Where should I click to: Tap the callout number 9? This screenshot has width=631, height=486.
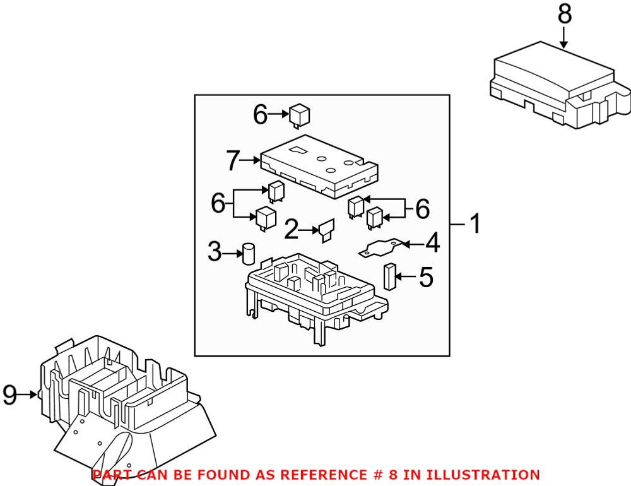click(9, 395)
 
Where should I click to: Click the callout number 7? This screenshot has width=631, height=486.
click(234, 161)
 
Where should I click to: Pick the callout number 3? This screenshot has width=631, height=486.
click(215, 254)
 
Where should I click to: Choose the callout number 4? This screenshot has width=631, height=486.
click(432, 243)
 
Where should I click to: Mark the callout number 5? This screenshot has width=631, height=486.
click(427, 277)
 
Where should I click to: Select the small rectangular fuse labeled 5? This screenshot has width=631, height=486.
click(389, 276)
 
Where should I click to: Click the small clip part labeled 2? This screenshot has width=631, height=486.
click(327, 230)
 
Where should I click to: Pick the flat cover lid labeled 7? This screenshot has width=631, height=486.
click(319, 165)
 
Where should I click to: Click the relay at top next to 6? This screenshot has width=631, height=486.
click(299, 115)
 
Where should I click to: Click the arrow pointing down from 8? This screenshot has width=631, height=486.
click(563, 39)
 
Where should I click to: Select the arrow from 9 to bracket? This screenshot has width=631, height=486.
click(29, 395)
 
